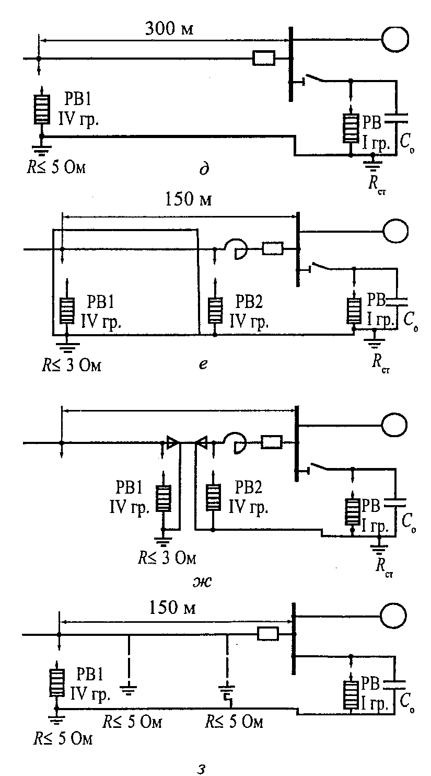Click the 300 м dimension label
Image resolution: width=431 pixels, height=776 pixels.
pos(169,28)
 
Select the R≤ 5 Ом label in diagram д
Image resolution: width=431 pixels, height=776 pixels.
pos(56,168)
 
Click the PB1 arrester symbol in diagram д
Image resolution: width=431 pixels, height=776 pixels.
pos(42,110)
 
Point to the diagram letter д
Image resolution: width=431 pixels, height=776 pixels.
pos(204,169)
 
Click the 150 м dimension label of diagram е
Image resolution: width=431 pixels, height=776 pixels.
pos(188,200)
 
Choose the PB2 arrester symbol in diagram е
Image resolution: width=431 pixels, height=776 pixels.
pos(215,310)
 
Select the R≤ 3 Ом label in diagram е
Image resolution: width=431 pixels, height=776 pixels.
pos(72,366)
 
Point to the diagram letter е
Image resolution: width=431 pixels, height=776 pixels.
pos(204,364)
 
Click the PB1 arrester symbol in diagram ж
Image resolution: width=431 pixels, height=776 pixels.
pos(163,498)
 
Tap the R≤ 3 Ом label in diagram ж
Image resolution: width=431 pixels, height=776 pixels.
pos(167,558)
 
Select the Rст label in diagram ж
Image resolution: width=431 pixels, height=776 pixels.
pos(384,568)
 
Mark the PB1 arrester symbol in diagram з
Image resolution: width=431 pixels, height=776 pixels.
pos(57,683)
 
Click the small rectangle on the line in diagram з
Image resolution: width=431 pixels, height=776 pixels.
pos(268,634)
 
